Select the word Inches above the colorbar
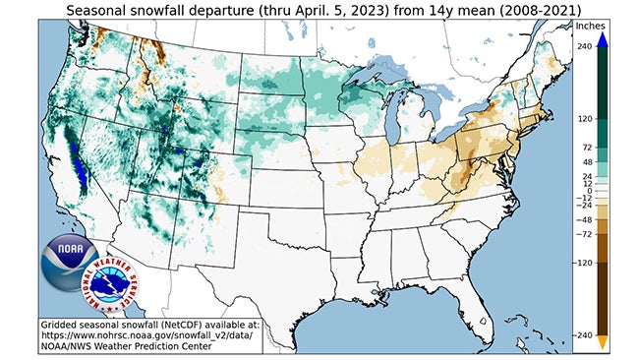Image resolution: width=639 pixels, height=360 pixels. coord(591,25)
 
